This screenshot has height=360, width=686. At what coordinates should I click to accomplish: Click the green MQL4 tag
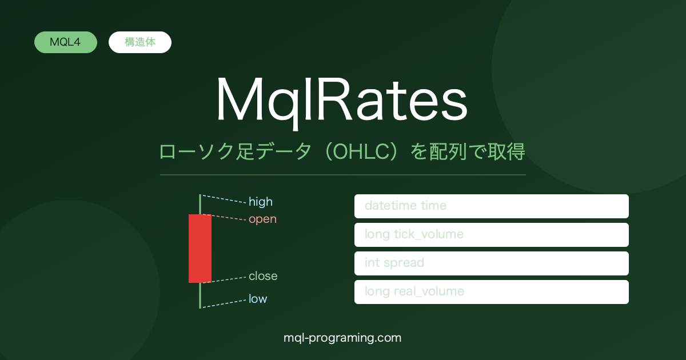tap(66, 42)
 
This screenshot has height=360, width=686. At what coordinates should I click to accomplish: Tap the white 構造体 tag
tap(140, 42)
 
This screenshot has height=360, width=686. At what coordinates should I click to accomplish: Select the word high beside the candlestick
tap(261, 202)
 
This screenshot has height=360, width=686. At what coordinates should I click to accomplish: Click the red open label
tap(263, 219)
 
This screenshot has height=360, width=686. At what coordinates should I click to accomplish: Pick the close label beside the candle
tap(263, 276)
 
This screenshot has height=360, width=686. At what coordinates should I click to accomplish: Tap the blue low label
tap(258, 299)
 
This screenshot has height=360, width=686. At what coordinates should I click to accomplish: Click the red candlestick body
tap(200, 249)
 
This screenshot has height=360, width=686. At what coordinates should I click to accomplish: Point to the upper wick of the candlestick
tap(200, 204)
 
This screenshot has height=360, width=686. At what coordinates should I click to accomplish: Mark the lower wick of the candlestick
tap(200, 295)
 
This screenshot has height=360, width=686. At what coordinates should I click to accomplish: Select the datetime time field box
tap(492, 206)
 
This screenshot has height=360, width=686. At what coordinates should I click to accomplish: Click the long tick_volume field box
tap(492, 235)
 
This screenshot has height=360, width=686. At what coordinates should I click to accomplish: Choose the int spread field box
tap(492, 263)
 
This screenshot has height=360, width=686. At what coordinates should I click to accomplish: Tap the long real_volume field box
tap(492, 292)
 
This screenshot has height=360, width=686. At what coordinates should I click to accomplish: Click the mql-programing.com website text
tap(342, 338)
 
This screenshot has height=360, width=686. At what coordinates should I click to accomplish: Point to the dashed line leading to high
tap(224, 199)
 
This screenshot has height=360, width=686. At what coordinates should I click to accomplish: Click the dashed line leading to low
tap(224, 303)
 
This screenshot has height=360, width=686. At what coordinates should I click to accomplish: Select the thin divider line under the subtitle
tap(343, 175)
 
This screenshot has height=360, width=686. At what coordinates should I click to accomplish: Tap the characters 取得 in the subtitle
tap(506, 152)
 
